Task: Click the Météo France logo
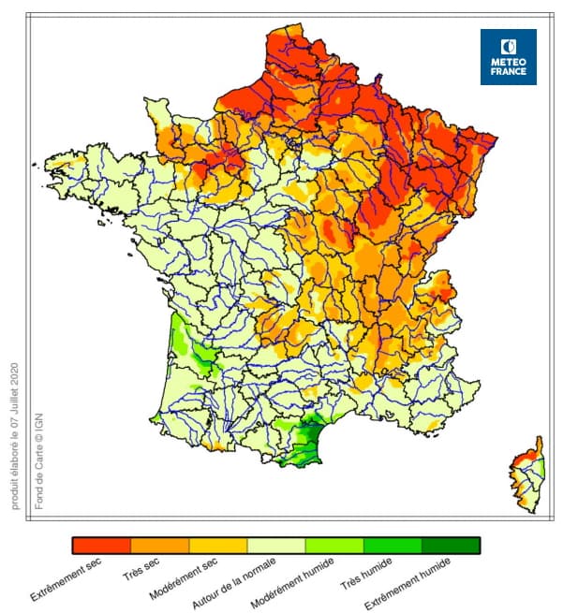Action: pyautogui.click(x=509, y=57)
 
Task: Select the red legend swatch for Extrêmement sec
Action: pyautogui.click(x=101, y=546)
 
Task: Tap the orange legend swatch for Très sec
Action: pyautogui.click(x=159, y=546)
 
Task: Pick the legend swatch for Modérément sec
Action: pyautogui.click(x=217, y=546)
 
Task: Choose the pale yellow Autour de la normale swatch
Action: pyautogui.click(x=275, y=546)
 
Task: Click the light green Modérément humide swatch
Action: pyautogui.click(x=333, y=546)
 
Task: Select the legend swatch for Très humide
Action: pyautogui.click(x=392, y=546)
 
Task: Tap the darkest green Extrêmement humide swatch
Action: pyautogui.click(x=451, y=546)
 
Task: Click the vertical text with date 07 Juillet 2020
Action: pyautogui.click(x=16, y=434)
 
